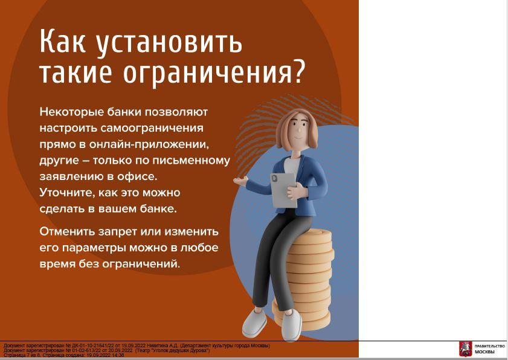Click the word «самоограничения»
pos(152,128)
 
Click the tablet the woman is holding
pos(284,190)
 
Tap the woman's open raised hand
pos(240,181)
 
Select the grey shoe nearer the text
pos(254,323)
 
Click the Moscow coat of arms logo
pos(465,349)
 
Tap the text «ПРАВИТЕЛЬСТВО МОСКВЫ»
pos(489,349)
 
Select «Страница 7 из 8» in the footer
pos(18,355)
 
